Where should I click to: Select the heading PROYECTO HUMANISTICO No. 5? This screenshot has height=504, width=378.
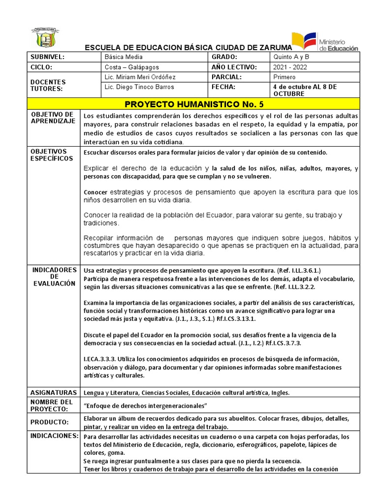(x=194, y=104)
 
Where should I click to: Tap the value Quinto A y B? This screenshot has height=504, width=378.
(x=291, y=57)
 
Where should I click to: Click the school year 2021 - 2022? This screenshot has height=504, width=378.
(x=290, y=67)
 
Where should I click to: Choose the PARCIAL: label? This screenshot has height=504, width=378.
(x=226, y=77)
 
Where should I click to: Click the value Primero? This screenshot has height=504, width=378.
(x=284, y=77)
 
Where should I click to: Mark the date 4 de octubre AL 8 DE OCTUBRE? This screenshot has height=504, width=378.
(x=305, y=90)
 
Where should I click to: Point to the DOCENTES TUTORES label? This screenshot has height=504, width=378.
(x=48, y=85)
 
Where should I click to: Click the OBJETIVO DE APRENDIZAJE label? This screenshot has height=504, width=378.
(x=53, y=118)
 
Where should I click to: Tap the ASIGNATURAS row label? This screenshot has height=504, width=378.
(x=53, y=393)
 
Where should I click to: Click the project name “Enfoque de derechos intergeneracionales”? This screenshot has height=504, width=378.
(x=146, y=405)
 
